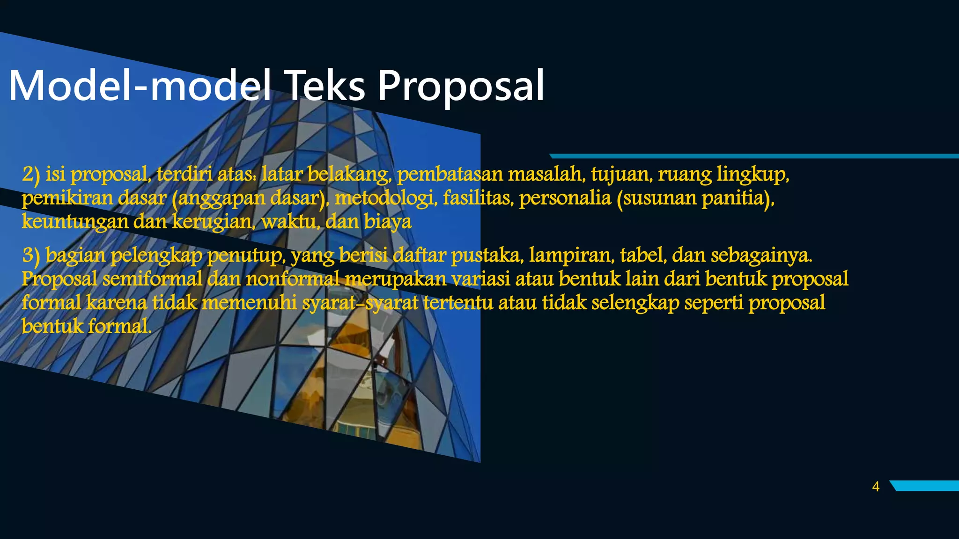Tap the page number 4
point(876,487)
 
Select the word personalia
point(565,198)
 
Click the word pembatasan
point(450,174)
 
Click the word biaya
point(387,221)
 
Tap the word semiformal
point(152,279)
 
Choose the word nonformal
point(293,279)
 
